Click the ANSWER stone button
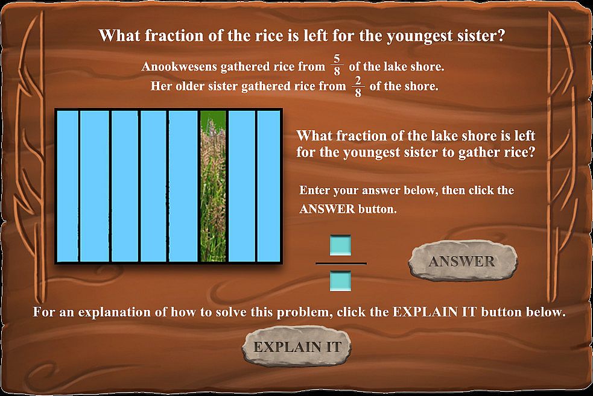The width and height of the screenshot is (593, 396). (463, 261)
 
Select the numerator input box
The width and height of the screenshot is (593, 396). (340, 245)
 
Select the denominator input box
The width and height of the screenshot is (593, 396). (340, 281)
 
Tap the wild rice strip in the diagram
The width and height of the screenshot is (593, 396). (213, 186)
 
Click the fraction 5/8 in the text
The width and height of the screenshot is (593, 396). (337, 65)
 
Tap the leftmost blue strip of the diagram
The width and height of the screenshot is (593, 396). (68, 186)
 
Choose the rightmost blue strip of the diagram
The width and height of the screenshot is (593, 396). (269, 186)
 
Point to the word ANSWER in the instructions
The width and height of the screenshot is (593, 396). (327, 209)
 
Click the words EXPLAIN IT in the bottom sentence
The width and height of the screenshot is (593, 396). (434, 312)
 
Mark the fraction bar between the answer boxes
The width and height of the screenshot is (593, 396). (341, 263)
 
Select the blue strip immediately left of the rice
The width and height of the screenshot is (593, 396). (183, 186)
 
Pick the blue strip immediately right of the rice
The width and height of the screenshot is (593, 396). (242, 186)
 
